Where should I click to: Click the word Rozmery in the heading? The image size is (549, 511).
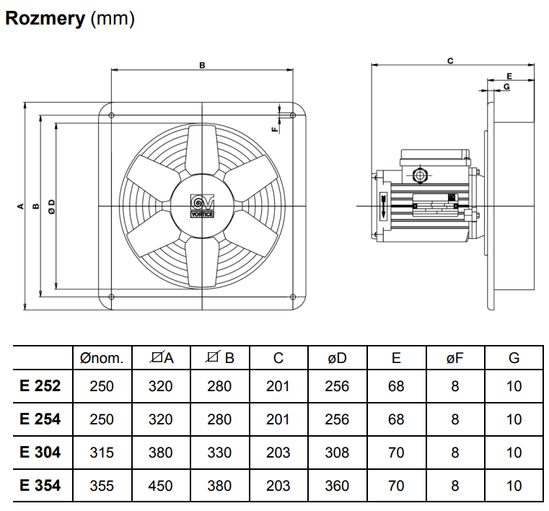(45, 19)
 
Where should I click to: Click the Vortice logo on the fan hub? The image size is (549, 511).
(202, 206)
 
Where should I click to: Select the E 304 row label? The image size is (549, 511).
(40, 453)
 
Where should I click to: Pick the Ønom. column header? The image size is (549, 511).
(102, 357)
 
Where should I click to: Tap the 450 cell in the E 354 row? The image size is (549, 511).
(160, 486)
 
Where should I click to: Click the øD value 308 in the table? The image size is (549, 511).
(337, 453)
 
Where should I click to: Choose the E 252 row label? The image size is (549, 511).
(40, 386)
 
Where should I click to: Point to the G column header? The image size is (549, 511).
(514, 357)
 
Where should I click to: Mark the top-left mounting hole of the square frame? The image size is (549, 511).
(110, 115)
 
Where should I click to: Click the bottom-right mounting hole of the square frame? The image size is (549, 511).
(292, 296)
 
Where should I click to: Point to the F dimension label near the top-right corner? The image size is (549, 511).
(273, 130)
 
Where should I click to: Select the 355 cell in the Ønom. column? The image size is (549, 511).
(102, 486)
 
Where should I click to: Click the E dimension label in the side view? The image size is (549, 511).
(509, 75)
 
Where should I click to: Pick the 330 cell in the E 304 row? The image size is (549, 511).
(219, 453)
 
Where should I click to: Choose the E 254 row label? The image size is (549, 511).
(40, 419)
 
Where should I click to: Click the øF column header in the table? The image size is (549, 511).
(454, 357)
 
